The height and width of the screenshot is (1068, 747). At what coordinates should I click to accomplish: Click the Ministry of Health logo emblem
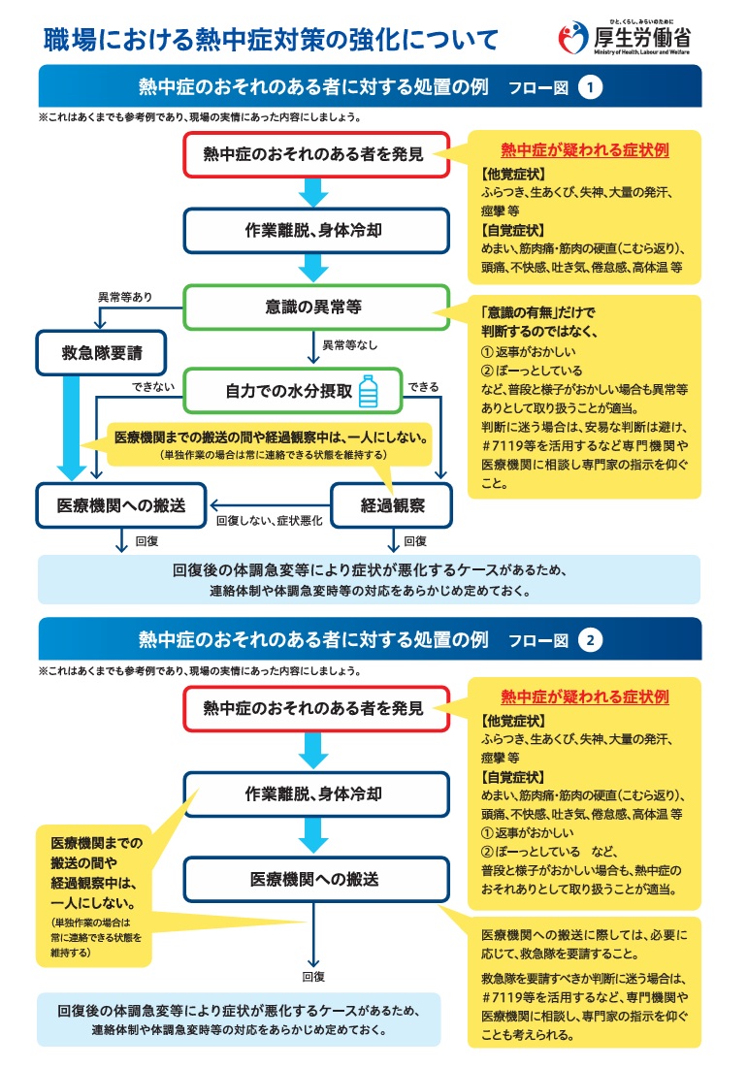(572, 37)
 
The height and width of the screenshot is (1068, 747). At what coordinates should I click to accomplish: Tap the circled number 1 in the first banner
(590, 87)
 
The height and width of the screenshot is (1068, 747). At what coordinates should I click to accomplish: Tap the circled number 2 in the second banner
(590, 640)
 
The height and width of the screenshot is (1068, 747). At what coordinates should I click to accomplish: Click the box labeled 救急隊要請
(102, 353)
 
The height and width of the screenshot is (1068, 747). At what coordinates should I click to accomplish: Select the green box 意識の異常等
(316, 307)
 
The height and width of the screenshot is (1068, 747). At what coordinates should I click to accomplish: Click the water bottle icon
(369, 391)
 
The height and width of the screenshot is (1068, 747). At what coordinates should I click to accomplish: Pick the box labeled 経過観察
(392, 505)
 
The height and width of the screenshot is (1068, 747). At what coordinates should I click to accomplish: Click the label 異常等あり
(125, 297)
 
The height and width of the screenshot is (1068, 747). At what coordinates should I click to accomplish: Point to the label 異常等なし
(349, 345)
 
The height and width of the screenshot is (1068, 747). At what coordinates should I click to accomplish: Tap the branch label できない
(153, 387)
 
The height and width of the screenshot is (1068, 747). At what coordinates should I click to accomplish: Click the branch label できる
(423, 387)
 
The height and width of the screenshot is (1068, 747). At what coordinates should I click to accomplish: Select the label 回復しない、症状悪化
(269, 521)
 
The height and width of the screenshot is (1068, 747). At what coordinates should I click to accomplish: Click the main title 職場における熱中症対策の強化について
(271, 40)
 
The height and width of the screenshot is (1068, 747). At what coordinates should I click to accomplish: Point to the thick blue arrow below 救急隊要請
(70, 428)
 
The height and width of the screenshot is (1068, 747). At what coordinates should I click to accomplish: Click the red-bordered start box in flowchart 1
(316, 154)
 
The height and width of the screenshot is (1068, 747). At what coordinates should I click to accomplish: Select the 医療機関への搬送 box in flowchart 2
(316, 879)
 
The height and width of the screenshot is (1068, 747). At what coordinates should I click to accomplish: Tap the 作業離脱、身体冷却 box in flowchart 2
(316, 794)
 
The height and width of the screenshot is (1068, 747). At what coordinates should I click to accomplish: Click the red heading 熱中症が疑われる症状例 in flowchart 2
(585, 696)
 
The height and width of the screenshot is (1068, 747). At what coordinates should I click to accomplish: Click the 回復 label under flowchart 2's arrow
(313, 977)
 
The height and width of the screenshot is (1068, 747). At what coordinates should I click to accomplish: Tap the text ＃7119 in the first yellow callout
(502, 445)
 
